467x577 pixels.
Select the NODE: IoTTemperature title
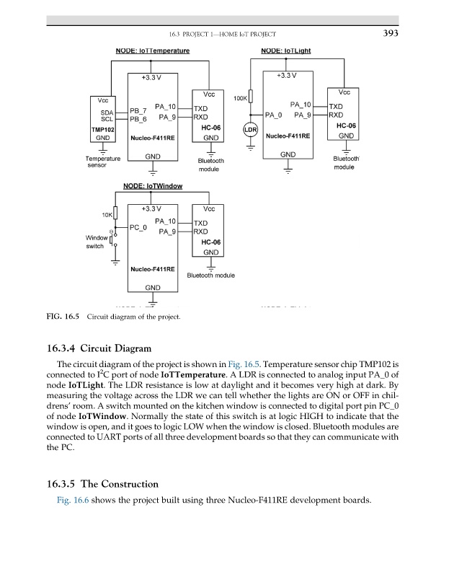153,51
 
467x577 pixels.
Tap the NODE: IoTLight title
293,51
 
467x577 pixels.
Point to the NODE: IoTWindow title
153,186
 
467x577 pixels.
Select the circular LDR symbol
251,130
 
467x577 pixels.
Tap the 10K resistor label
107,215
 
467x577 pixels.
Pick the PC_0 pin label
138,228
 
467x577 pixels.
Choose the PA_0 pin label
273,115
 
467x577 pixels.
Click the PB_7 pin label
138,111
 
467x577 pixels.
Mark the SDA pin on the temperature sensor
107,113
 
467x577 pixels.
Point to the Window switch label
97,242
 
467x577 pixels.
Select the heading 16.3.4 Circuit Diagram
98,348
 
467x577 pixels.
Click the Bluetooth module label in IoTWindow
210,276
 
